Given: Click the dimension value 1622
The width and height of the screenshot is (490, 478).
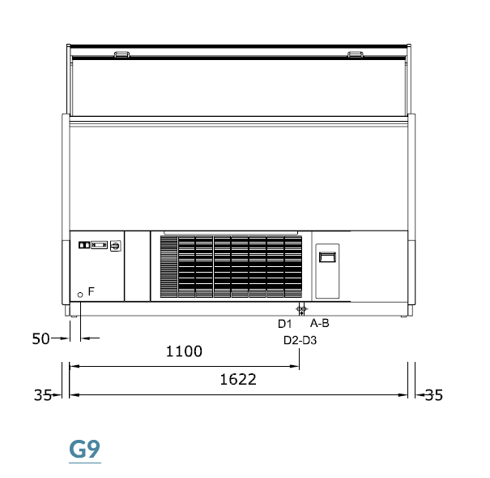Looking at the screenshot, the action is (238, 379).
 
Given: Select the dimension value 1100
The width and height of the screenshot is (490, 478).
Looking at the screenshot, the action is (184, 351).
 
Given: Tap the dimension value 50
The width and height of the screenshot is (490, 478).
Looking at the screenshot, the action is (41, 338).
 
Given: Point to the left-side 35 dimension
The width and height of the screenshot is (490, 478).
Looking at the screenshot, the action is (43, 395).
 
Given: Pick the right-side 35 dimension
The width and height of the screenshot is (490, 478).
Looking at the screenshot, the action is (434, 395).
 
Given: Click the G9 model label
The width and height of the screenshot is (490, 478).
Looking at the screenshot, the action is (85, 449).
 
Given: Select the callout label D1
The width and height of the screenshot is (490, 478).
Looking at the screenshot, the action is (285, 324).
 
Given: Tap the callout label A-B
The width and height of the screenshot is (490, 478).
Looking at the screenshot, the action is (320, 323).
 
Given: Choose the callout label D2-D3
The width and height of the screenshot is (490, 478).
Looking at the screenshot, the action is (300, 340).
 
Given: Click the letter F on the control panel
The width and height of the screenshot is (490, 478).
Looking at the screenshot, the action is (92, 291).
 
